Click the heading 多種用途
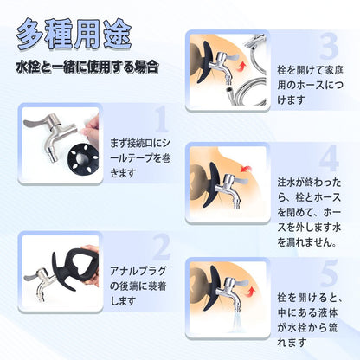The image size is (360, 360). [75, 35]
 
